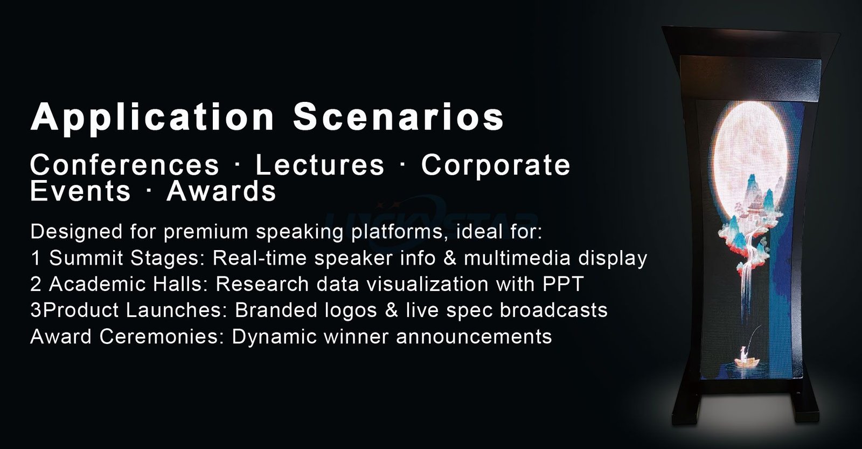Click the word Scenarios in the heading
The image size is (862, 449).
point(398,116)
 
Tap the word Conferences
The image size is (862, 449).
point(124,165)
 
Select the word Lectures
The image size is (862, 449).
point(320,165)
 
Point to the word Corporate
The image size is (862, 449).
point(496,165)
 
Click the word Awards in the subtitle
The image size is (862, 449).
point(221,191)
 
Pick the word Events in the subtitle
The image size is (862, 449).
point(80,191)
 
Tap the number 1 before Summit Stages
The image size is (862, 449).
point(36,258)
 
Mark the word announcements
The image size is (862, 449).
point(474,336)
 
